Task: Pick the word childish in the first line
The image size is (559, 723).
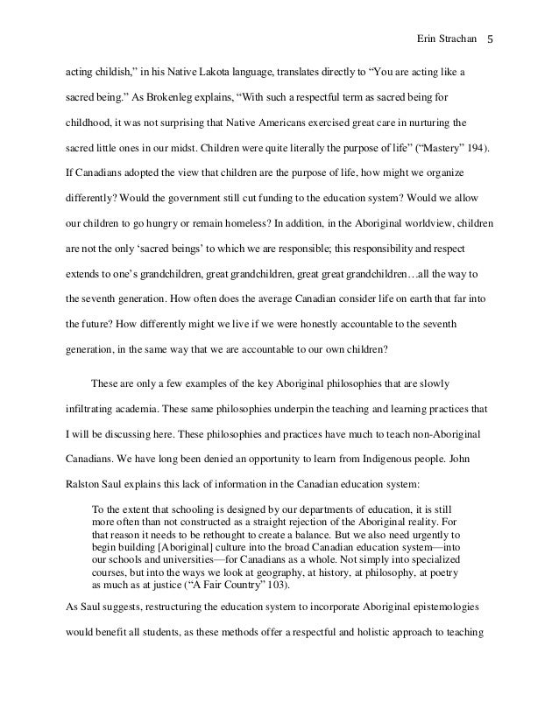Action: point(114,69)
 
